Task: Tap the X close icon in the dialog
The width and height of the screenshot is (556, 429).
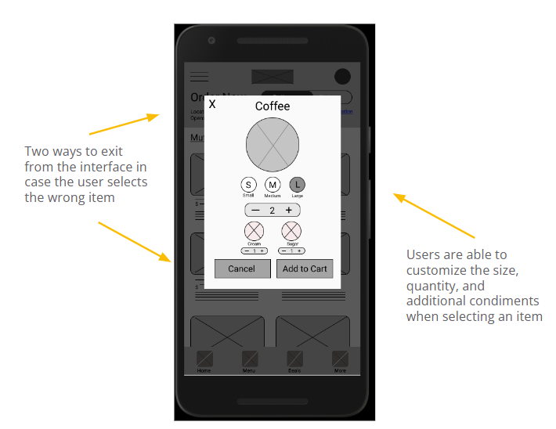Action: tap(212, 104)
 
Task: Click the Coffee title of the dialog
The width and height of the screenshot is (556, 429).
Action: tap(273, 106)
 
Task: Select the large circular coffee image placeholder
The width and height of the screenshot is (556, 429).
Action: tap(273, 145)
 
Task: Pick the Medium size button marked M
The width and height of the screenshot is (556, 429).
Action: tap(273, 185)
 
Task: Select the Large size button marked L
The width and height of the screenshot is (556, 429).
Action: tap(297, 185)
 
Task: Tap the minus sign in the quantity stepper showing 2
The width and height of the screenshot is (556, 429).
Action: tap(256, 211)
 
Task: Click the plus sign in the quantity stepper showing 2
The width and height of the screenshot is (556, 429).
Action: tap(289, 211)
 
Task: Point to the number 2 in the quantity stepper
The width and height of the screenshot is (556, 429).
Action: tap(273, 211)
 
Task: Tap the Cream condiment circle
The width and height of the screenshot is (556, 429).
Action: tap(254, 231)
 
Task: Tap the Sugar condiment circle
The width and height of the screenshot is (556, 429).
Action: tap(291, 231)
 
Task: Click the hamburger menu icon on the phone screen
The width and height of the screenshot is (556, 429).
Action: tap(200, 77)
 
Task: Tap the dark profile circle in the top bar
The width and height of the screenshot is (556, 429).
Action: tap(342, 77)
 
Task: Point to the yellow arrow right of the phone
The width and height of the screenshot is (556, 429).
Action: tap(435, 216)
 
